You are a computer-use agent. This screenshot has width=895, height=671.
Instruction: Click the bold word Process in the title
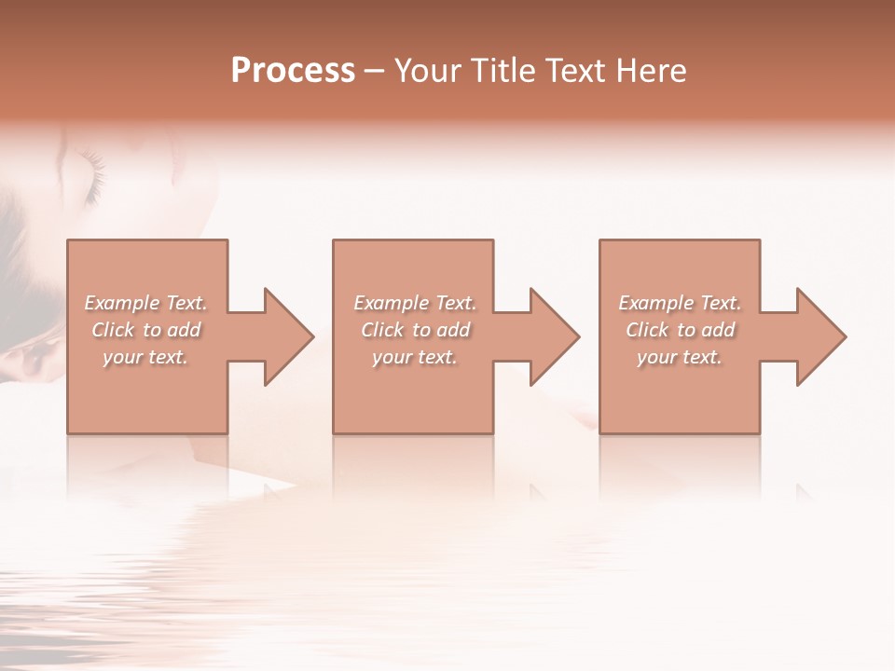coord(293,71)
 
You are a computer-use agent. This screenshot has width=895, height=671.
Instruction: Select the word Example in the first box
coord(122,303)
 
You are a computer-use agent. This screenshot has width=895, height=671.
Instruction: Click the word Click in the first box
coord(113,330)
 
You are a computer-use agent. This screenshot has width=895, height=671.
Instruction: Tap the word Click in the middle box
coord(382,330)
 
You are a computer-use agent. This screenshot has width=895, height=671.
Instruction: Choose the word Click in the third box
coord(647,330)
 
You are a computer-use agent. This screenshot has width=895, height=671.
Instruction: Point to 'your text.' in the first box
coord(145,357)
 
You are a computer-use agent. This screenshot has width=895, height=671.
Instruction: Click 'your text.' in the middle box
coord(415,357)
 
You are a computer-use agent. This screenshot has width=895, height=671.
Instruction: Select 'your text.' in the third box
coord(680,357)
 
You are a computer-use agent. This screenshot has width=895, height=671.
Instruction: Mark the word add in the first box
coord(184,330)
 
